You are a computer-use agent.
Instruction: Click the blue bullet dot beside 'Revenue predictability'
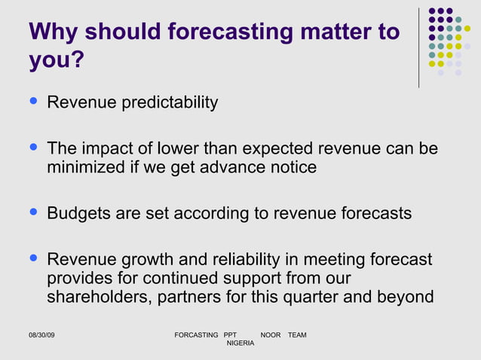[x=32, y=101]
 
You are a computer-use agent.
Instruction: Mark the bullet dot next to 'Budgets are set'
[x=32, y=212]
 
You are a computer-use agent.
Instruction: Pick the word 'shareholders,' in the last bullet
[x=100, y=297]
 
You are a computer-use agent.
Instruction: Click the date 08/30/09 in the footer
[x=41, y=334]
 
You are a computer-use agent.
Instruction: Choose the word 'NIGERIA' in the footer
[x=240, y=343]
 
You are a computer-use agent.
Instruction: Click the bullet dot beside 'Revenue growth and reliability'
[x=32, y=259]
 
